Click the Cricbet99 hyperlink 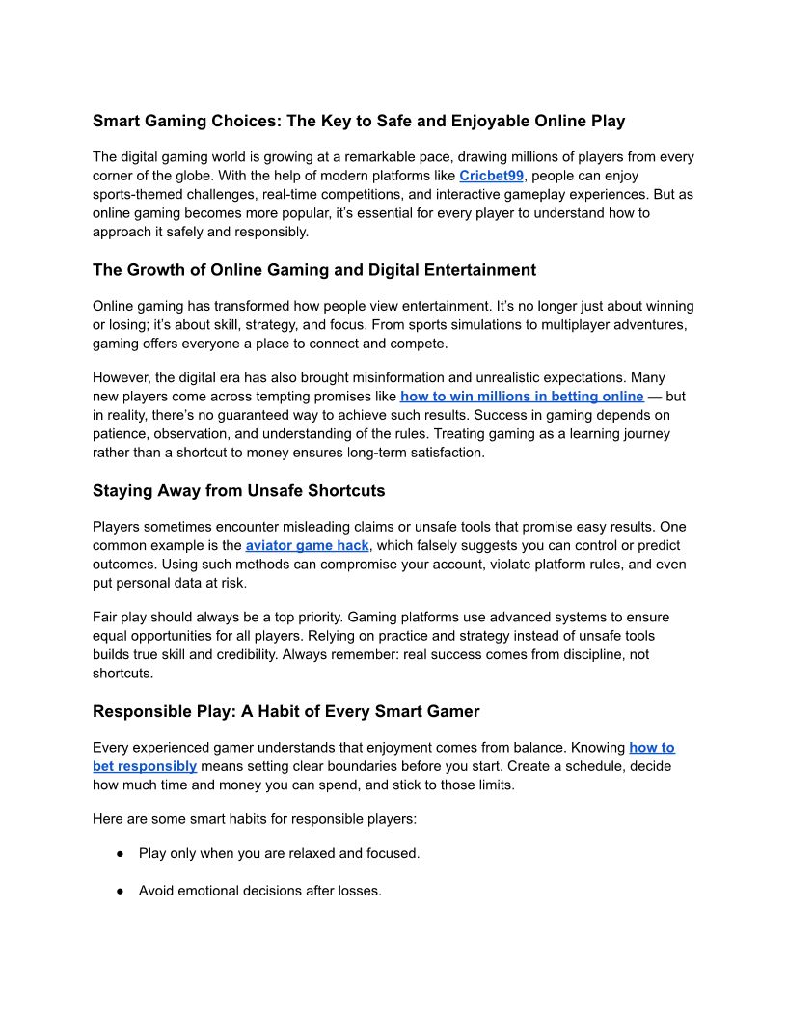coord(491,176)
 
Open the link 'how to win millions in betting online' coord(522,397)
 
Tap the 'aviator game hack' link coord(307,545)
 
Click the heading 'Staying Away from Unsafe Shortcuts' coord(238,491)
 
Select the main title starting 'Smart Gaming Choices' coord(359,121)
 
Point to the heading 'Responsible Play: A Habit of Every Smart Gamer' coord(285,712)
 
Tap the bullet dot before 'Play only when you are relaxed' coord(121,854)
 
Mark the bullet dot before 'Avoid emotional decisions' coord(121,892)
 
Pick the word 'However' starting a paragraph coord(120,378)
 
